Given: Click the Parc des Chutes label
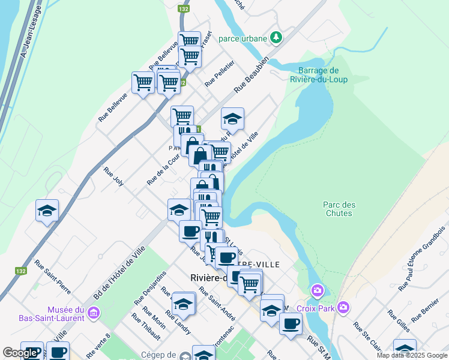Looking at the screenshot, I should pos(340,209).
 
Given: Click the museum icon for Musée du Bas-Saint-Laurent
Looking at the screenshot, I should pos(92,313).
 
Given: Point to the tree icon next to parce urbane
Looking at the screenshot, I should pos(276,38).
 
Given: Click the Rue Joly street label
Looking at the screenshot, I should pos(113,176).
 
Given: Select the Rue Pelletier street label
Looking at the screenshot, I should pos(219,73).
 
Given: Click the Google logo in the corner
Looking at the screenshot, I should pos(20,353).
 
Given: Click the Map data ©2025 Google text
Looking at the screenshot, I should pos(411,355).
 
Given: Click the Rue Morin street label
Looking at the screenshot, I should pos(154,317).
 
